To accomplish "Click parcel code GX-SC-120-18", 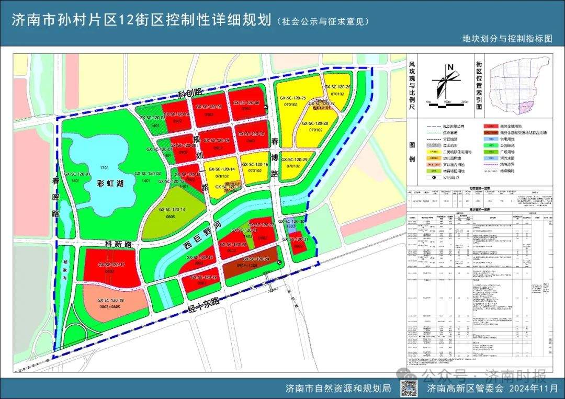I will point(110,300).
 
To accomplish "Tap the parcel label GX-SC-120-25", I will point(293,98).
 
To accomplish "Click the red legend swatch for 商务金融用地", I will point(491,127).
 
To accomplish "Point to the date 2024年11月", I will point(533,389).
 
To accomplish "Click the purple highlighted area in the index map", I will point(525,108).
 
